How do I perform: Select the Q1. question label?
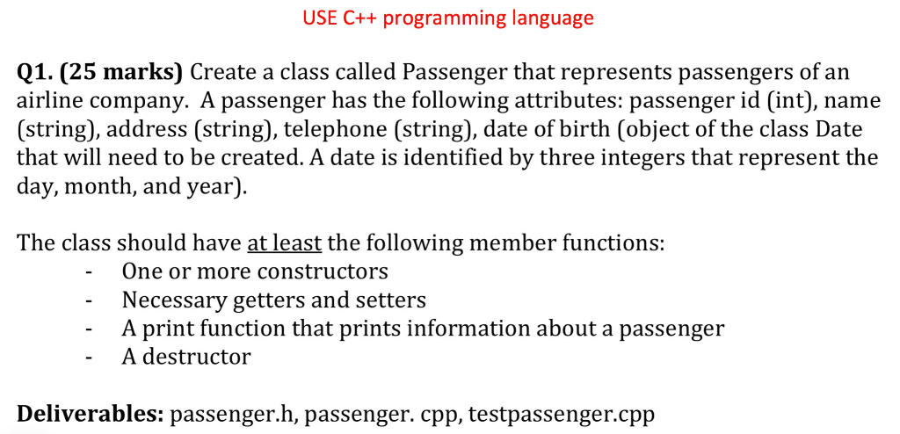[x=36, y=73]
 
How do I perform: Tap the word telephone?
[x=341, y=130]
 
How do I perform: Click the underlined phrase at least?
[x=285, y=243]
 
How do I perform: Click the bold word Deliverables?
[x=88, y=413]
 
